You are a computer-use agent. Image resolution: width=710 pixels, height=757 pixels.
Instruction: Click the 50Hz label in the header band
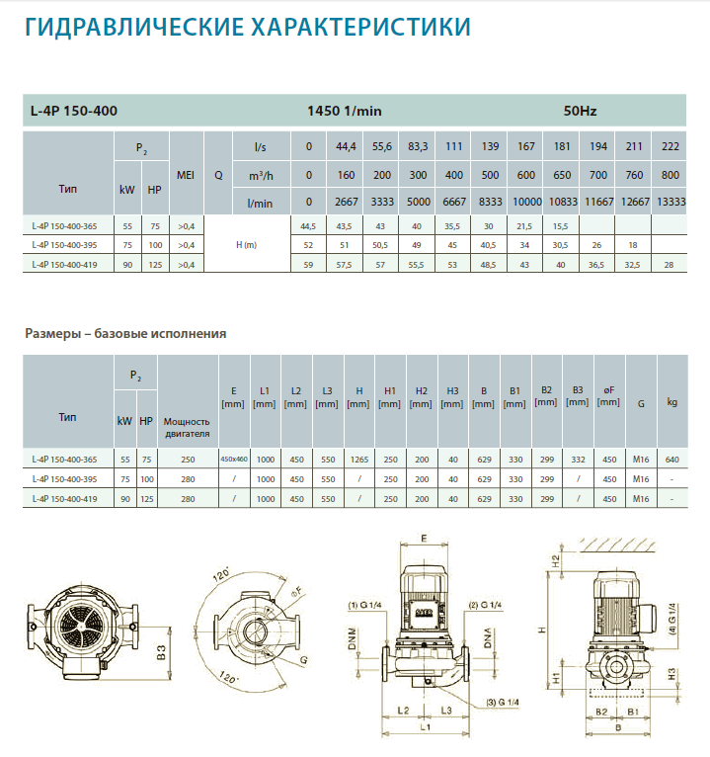pos(580,111)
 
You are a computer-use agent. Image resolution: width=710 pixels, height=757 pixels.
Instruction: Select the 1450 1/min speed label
pos(345,111)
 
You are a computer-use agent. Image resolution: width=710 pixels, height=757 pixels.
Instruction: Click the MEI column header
pos(186,175)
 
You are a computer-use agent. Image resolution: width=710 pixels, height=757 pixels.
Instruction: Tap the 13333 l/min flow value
pos(671,202)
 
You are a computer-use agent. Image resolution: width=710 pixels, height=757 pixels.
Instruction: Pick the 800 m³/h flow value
pos(671,175)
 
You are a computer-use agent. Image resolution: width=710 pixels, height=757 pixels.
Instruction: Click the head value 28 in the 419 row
pos(669,265)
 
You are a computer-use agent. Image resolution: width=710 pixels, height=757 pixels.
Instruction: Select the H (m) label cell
pos(247,245)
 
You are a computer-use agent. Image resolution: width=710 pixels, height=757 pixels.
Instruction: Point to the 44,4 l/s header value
pos(346,146)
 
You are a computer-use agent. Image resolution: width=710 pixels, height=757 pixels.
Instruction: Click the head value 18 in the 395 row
pos(633,245)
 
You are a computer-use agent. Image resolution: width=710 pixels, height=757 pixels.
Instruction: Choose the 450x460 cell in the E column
pos(234,460)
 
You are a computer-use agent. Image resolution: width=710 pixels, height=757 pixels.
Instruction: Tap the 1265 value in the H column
pos(359,460)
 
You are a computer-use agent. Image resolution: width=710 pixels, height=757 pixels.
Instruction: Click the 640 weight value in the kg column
pos(671,460)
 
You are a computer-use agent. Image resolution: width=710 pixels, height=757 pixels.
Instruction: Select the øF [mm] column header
pos(608,396)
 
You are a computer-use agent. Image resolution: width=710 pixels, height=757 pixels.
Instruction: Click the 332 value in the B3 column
pos(578,460)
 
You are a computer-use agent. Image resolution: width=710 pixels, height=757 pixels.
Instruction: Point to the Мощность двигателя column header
pos(188,427)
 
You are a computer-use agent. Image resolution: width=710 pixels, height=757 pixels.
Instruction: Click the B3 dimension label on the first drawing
pos(161,652)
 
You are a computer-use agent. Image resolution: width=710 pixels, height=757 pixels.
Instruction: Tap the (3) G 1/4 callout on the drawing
pos(503,702)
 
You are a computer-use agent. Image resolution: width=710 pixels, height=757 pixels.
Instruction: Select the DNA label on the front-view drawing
pos(488,637)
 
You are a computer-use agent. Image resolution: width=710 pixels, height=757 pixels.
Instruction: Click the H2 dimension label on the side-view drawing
pos(556,560)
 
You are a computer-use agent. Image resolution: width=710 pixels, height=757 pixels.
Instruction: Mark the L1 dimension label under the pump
pos(425,727)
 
